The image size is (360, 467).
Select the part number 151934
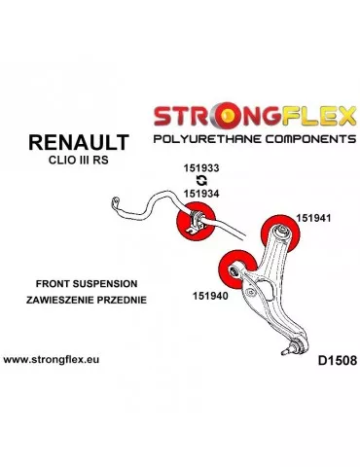[201, 194]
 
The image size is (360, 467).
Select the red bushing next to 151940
[232, 265]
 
